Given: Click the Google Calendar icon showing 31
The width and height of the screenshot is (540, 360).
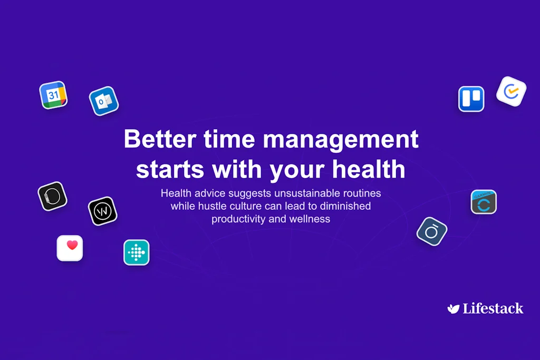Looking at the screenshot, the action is point(53,95).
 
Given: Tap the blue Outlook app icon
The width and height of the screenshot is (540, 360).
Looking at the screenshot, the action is point(104,101).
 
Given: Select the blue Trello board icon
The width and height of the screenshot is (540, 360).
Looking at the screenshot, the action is point(471,99).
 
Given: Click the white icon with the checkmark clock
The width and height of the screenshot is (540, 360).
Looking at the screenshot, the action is point(511,91).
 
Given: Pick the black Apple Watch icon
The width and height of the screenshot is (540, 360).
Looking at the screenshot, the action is point(52,196).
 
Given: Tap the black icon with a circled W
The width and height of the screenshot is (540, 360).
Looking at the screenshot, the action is point(103,211).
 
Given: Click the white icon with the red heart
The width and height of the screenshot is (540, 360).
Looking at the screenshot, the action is point(70,248).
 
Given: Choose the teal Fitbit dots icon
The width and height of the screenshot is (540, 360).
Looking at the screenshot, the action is point(137,252).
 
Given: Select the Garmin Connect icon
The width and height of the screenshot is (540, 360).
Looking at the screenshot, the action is point(484,202).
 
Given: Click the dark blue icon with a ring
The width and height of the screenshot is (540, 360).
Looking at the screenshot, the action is point(432,231).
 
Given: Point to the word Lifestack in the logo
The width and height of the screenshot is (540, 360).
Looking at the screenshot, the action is point(493,308).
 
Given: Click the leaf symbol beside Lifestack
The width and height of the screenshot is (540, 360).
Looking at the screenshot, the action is point(453,309).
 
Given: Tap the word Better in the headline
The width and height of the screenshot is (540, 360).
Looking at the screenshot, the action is point(160,139).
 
